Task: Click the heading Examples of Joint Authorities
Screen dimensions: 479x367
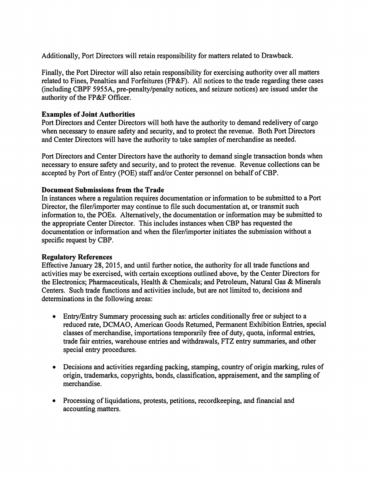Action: (x=88, y=114)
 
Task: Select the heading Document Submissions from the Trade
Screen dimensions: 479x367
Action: (x=103, y=190)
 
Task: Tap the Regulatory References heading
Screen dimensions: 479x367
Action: (x=77, y=257)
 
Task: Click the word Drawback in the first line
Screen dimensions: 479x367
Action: (x=277, y=56)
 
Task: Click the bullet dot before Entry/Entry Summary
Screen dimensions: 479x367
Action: (x=54, y=316)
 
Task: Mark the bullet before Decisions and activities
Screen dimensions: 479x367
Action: (x=54, y=367)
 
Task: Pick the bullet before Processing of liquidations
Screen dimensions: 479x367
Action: (x=54, y=401)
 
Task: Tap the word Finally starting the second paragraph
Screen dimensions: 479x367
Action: (x=52, y=73)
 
